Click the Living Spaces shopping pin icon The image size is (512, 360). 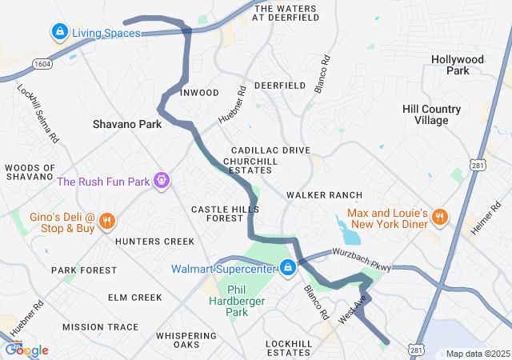[59, 33]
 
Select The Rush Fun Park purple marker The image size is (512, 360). [162, 181]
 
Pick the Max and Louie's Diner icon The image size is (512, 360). [438, 217]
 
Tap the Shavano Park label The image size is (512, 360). [127, 124]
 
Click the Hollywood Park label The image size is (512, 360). [458, 65]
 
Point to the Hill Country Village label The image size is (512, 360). [431, 114]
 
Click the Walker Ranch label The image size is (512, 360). [324, 195]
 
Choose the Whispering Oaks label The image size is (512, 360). [189, 340]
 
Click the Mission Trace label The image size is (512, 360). [100, 327]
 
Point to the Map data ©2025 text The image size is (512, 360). [477, 354]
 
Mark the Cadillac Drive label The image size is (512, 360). [270, 150]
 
